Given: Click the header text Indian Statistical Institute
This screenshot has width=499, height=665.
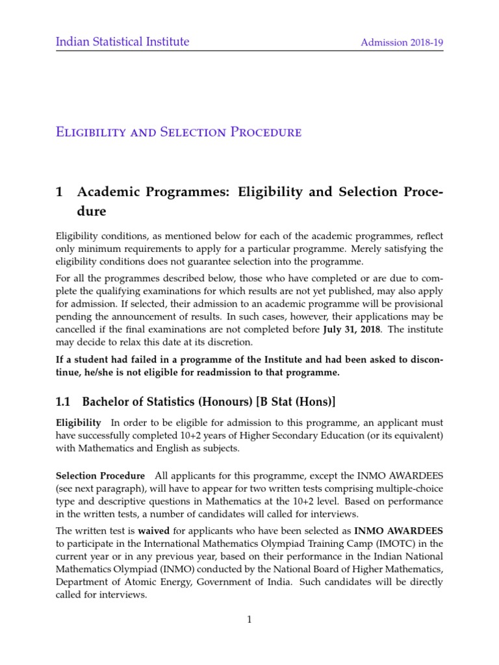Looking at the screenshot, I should [x=122, y=42].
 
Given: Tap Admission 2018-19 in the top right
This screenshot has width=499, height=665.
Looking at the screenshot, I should [x=402, y=43].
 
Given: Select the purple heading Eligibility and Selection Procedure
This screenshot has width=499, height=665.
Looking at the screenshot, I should [x=179, y=132].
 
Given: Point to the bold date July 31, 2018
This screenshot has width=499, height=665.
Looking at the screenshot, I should [x=351, y=329].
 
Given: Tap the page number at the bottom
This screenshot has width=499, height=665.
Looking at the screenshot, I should [x=249, y=620].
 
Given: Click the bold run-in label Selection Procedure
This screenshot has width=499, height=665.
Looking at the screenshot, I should [x=100, y=476].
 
